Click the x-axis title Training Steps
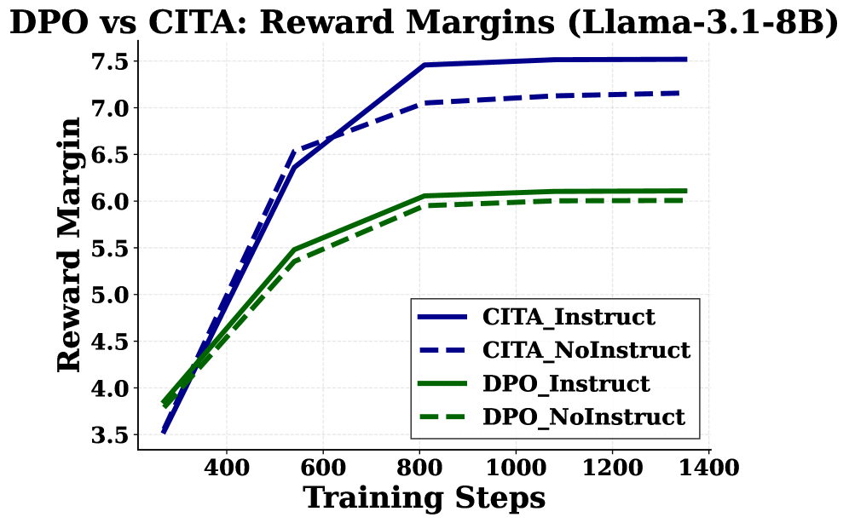pyautogui.click(x=424, y=497)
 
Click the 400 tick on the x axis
pyautogui.click(x=227, y=467)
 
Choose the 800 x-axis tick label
pyautogui.click(x=419, y=467)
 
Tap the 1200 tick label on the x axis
pyautogui.click(x=612, y=467)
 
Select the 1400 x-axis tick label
pyautogui.click(x=708, y=467)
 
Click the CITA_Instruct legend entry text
pyautogui.click(x=569, y=317)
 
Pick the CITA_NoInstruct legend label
pyautogui.click(x=586, y=350)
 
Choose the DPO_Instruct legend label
pyautogui.click(x=566, y=383)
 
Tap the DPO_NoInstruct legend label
pyautogui.click(x=583, y=417)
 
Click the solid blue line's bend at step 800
pyautogui.click(x=424, y=65)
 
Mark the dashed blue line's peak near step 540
pyautogui.click(x=294, y=152)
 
